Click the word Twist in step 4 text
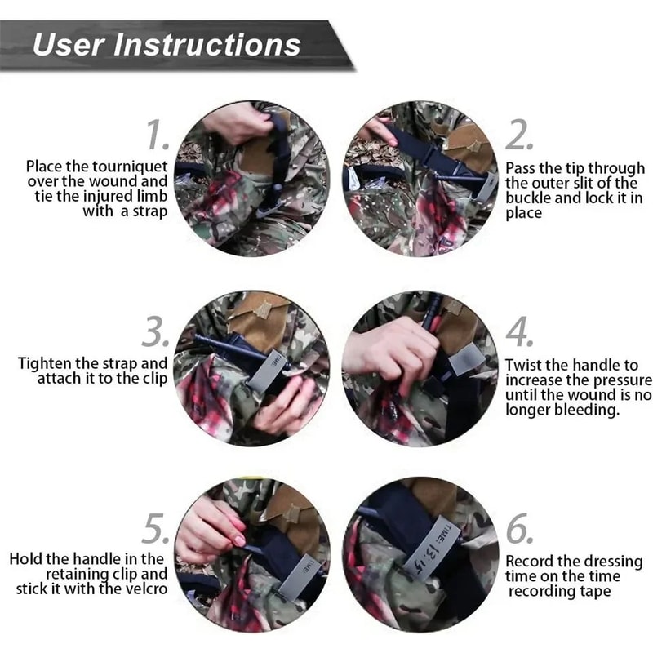tap(522, 365)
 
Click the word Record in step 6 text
tap(530, 562)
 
